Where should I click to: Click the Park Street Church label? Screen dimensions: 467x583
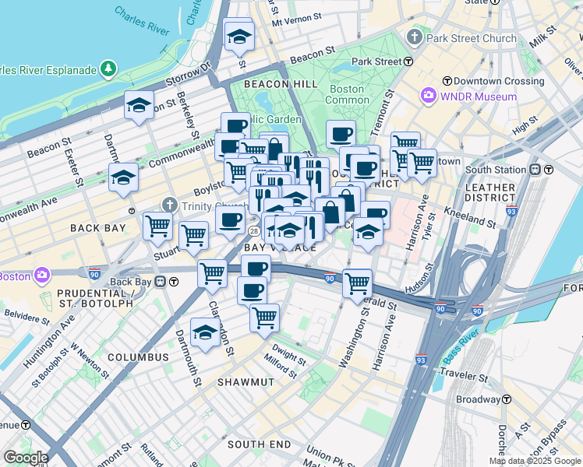(471, 37)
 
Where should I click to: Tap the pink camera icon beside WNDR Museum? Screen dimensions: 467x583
(428, 96)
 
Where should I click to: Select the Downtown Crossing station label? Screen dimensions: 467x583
(488, 81)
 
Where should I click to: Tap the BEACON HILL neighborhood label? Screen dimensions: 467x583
(279, 84)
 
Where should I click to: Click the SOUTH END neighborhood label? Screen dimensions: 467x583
(259, 444)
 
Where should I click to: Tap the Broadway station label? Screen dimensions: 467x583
(478, 399)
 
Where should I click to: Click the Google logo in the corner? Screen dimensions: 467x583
(26, 458)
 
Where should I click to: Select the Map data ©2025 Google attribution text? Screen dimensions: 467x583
(535, 461)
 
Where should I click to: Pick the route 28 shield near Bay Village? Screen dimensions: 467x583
(254, 232)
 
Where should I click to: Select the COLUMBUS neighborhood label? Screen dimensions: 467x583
(138, 357)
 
